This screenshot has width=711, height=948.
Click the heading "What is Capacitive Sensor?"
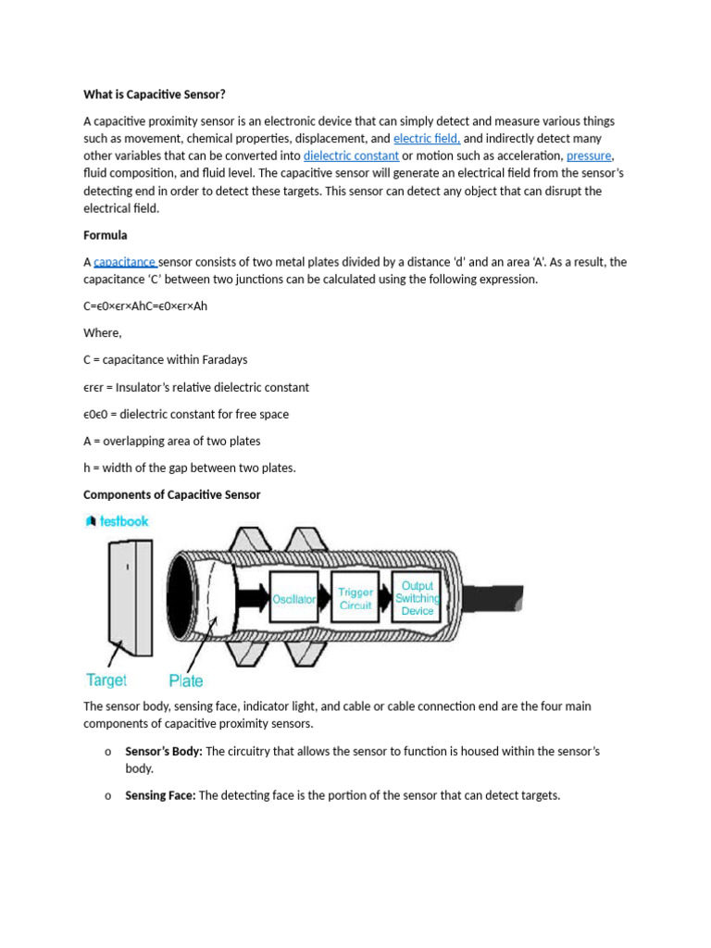coord(155,94)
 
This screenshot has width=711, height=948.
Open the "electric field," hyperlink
coord(427,139)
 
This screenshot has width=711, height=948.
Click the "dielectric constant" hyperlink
coord(351,156)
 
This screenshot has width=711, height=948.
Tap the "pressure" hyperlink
coord(589,156)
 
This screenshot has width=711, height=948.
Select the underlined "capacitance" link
coord(125,262)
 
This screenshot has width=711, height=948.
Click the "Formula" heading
coord(106,235)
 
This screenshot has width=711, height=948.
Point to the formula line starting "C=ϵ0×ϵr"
coord(145,306)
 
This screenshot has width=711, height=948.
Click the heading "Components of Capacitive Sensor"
coord(172,494)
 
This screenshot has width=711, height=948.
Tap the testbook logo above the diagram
coord(117,521)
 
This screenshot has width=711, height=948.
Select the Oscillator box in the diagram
coord(293,599)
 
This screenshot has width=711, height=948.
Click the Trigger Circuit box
coord(355,598)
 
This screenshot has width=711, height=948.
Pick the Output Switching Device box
coord(418,598)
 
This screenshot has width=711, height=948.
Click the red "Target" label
coord(106,680)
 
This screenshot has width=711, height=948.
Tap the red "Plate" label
coord(186,680)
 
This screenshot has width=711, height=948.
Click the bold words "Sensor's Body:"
coord(164,752)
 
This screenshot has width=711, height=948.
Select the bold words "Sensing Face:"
coord(160,795)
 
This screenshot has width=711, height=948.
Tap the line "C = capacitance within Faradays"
coord(165,359)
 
